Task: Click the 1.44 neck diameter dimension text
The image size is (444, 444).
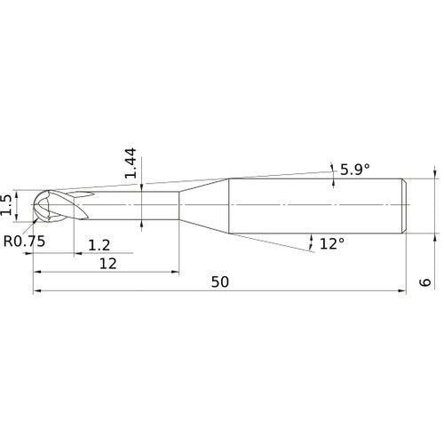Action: [x=131, y=163]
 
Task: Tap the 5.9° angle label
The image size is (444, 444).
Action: [x=355, y=170]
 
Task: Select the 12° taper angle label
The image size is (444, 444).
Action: [x=332, y=243]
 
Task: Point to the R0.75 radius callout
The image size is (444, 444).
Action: [x=24, y=242]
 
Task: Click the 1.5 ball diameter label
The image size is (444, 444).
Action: [x=6, y=205]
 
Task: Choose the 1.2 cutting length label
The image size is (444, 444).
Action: [x=99, y=245]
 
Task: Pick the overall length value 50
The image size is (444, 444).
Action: [x=220, y=282]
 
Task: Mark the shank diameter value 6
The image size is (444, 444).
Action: [x=425, y=282]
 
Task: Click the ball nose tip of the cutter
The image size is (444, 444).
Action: [x=32, y=205]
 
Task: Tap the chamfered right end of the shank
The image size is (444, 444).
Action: [x=404, y=206]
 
